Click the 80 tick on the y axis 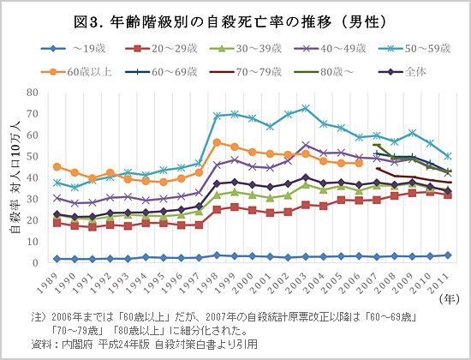tap(33, 91)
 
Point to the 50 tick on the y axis tap(33, 155)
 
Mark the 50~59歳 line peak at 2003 tap(306, 108)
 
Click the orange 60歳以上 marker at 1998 tap(217, 141)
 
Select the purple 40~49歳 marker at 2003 tap(306, 144)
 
